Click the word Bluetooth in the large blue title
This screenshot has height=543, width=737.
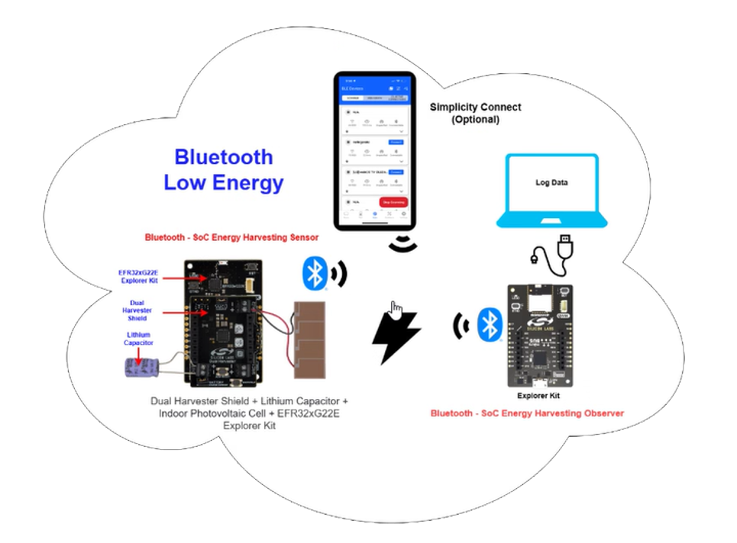click(223, 157)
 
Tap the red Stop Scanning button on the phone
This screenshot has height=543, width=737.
click(393, 203)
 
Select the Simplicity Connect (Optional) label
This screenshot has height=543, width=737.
click(474, 114)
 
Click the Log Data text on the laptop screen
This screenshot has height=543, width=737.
click(551, 184)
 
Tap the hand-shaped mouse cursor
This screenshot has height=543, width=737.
click(396, 310)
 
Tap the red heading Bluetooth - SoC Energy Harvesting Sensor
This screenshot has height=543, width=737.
click(231, 238)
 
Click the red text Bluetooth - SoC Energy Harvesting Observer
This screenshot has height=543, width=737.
click(527, 413)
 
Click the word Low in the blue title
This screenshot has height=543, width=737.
click(188, 184)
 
